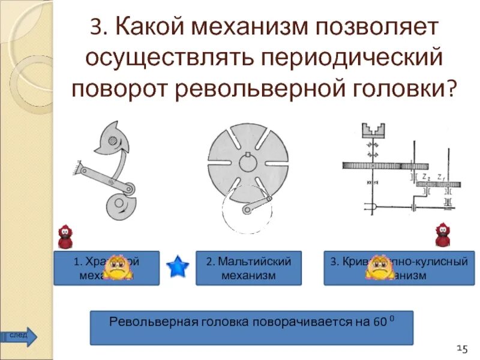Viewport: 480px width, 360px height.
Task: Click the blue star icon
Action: coord(178,266)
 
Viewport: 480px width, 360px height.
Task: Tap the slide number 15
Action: coord(461,347)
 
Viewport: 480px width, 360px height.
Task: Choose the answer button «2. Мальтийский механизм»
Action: coord(248,268)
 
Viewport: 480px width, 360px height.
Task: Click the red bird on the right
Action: coord(442,236)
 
